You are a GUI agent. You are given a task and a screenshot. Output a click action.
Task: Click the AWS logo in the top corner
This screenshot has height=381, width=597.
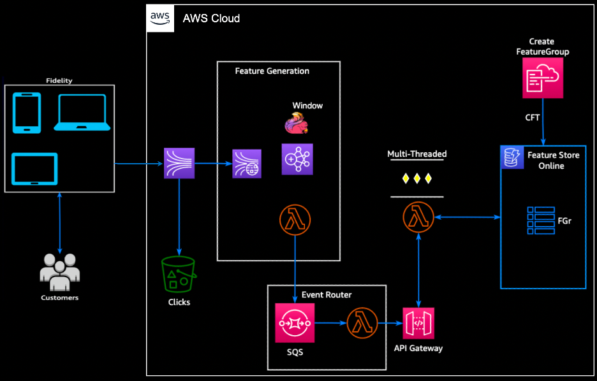click(x=160, y=18)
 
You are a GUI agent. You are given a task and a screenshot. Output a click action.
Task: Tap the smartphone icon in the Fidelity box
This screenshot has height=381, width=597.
click(x=27, y=113)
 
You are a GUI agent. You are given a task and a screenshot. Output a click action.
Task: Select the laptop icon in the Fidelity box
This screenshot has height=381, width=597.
click(x=82, y=112)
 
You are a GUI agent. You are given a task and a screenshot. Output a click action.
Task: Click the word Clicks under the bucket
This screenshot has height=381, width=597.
click(x=179, y=302)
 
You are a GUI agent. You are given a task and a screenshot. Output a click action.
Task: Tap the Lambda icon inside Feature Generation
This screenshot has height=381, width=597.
click(x=295, y=220)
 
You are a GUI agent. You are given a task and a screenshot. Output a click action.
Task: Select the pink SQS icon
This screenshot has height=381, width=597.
click(x=294, y=323)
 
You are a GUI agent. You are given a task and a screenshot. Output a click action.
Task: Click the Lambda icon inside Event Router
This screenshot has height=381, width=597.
click(x=362, y=323)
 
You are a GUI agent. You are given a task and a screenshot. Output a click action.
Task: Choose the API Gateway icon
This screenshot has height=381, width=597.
click(x=418, y=323)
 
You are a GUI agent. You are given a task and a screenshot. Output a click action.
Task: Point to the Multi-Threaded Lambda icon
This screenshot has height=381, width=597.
click(x=418, y=218)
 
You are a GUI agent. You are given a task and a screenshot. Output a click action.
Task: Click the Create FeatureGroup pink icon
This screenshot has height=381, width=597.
click(x=543, y=78)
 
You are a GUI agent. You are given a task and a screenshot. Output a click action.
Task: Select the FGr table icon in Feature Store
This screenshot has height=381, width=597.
click(x=541, y=220)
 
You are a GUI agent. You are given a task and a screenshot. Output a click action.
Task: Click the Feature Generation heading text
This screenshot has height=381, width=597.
click(x=272, y=71)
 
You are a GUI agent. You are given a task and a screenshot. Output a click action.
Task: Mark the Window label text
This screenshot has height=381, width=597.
click(x=307, y=106)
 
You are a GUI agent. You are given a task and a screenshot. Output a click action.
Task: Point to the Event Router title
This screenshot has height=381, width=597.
click(x=327, y=295)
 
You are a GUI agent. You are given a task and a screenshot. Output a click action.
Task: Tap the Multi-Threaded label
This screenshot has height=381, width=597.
click(x=417, y=154)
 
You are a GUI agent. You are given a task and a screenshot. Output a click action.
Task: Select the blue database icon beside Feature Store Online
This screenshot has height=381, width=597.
click(x=512, y=157)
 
